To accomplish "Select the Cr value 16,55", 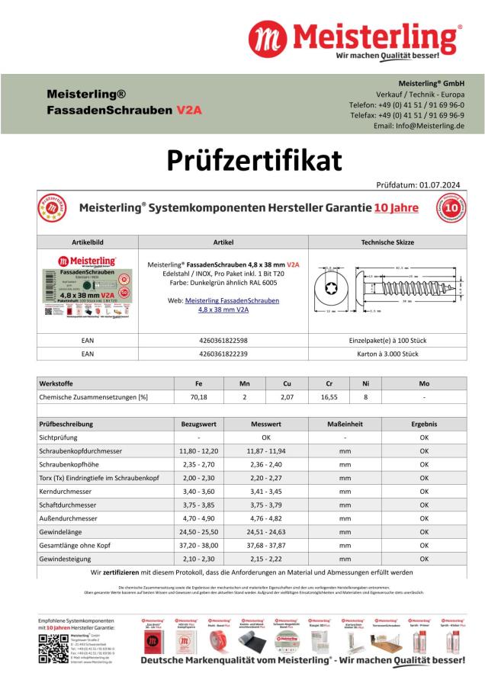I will coord(329,396).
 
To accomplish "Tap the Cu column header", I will coord(286,383).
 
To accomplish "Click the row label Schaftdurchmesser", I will coord(69,505).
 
